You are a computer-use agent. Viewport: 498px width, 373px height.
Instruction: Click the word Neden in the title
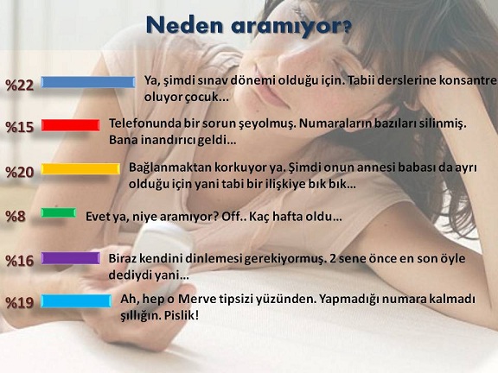(184, 25)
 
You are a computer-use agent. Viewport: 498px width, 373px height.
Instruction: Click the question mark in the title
(348, 28)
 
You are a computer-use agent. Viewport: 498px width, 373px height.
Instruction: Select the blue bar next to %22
(88, 82)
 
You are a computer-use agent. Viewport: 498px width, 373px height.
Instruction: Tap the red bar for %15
(71, 125)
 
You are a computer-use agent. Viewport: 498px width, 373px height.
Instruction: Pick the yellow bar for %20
(80, 168)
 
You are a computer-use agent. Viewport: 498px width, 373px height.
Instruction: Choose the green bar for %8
(59, 212)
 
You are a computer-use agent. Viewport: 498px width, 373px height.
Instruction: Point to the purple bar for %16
(71, 258)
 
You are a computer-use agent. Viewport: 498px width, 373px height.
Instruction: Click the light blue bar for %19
(76, 301)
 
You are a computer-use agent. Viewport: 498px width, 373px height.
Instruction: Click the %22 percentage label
(19, 85)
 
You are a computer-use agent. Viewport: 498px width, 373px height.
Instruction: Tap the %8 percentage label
(16, 217)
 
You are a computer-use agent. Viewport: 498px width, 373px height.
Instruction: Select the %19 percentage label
(19, 302)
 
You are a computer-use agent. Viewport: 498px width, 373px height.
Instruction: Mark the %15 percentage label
(19, 127)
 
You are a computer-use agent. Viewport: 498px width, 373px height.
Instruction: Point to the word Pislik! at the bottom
(182, 316)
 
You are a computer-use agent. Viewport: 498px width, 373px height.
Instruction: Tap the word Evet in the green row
(98, 217)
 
